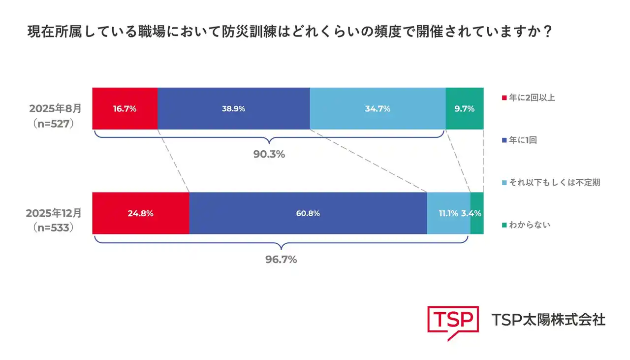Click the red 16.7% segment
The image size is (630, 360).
click(125, 109)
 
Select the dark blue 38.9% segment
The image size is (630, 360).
click(233, 109)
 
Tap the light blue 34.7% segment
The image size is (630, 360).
click(378, 109)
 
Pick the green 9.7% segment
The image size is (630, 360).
click(464, 109)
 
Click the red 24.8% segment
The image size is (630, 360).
click(141, 213)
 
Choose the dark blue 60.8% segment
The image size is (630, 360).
click(308, 213)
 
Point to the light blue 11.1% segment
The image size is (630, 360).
click(448, 213)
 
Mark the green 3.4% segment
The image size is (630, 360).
click(477, 213)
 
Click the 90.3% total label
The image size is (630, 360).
click(269, 154)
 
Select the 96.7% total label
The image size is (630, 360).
click(281, 260)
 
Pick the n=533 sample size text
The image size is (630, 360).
click(54, 228)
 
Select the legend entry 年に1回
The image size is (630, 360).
click(523, 140)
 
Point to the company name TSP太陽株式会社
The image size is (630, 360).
click(548, 320)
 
